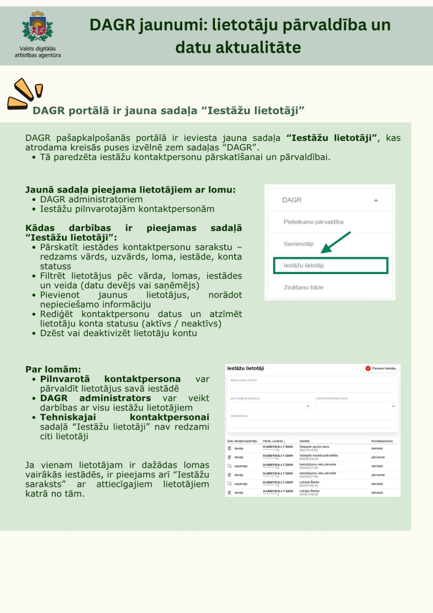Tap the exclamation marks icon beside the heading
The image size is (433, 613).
pos(24,94)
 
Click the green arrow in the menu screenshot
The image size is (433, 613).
pos(336,242)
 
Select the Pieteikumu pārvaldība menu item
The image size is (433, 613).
pos(313,222)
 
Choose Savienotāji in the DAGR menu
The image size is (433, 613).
pos(299,243)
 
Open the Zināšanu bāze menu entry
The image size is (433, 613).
pos(303,288)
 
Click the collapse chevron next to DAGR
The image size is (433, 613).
pos(375,200)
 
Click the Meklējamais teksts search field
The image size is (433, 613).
pos(312,388)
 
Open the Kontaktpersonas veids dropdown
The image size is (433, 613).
pos(355,406)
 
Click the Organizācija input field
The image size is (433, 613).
pos(312,423)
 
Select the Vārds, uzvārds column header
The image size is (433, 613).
pos(274,440)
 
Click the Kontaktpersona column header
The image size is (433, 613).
pos(381,440)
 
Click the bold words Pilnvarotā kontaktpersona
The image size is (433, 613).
pos(111,379)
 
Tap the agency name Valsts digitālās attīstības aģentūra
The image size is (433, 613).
pos(38,52)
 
